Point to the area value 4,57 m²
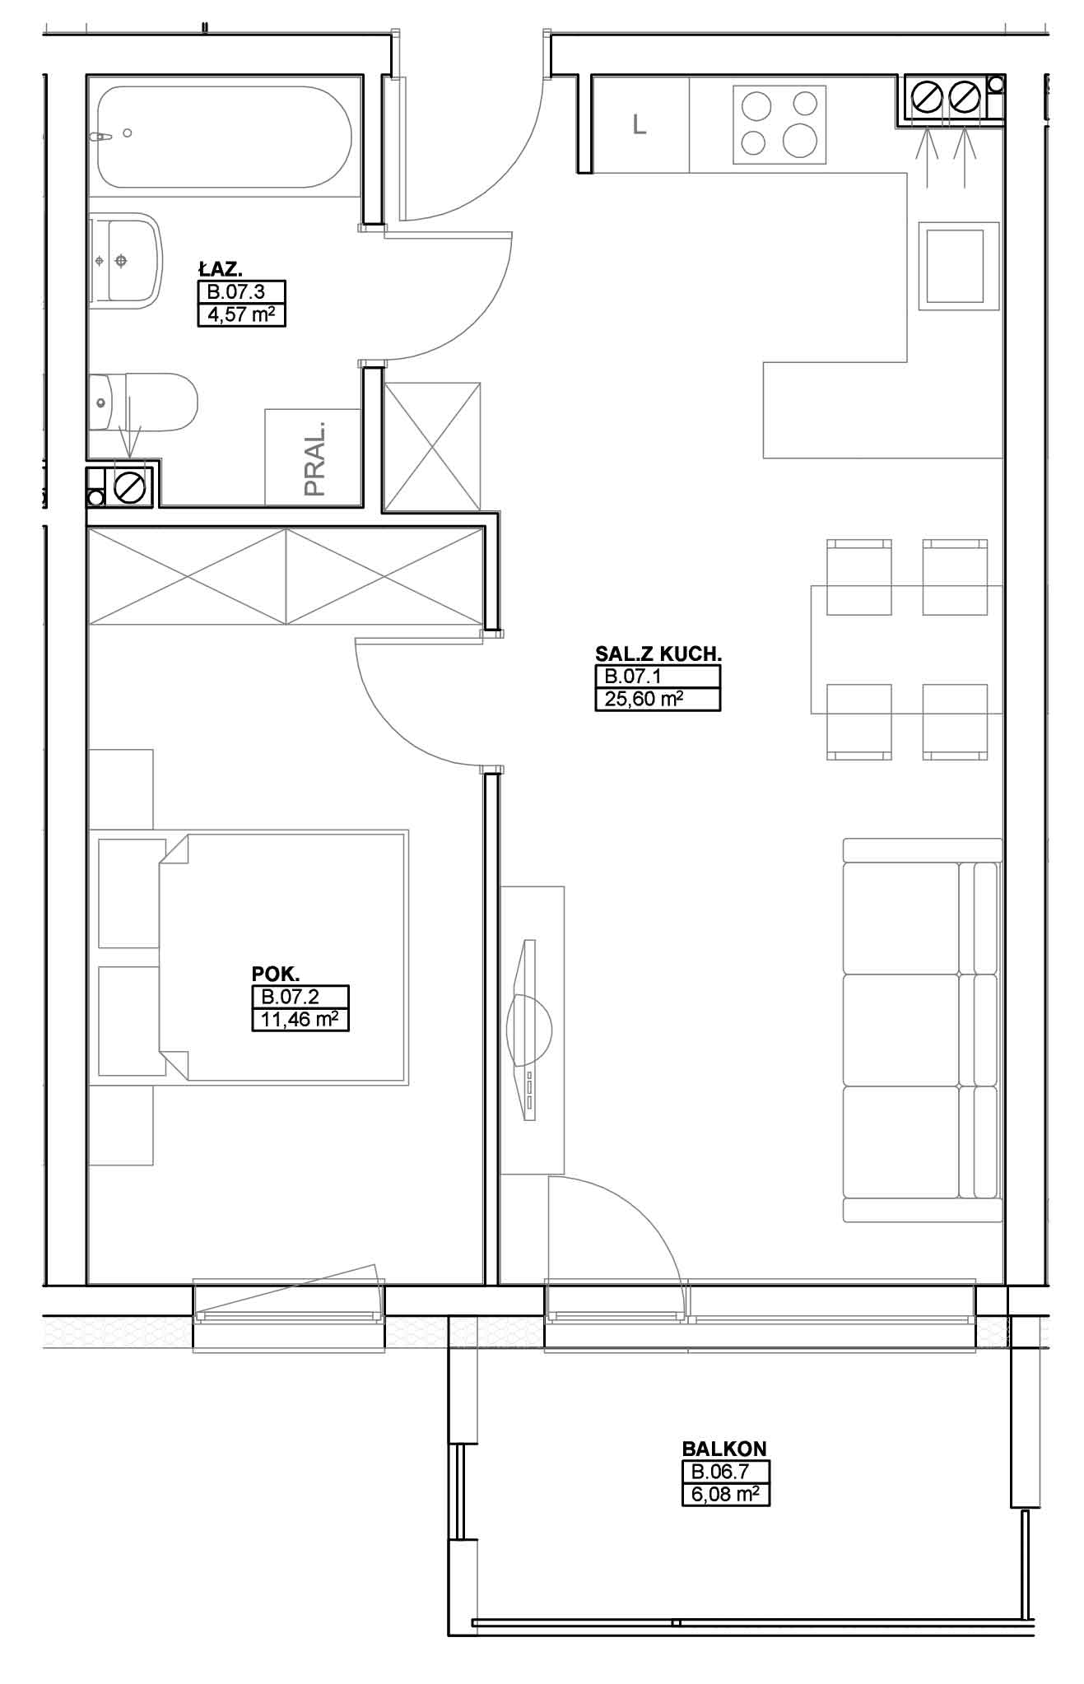click(x=241, y=314)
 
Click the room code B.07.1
click(x=634, y=677)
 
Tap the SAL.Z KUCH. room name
click(x=658, y=654)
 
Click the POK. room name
click(x=270, y=973)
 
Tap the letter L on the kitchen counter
click(x=640, y=125)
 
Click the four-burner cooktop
click(x=779, y=123)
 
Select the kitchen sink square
click(x=955, y=267)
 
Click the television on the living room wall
click(x=532, y=1029)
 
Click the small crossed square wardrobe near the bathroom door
click(x=432, y=448)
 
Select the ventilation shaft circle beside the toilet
click(x=130, y=487)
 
